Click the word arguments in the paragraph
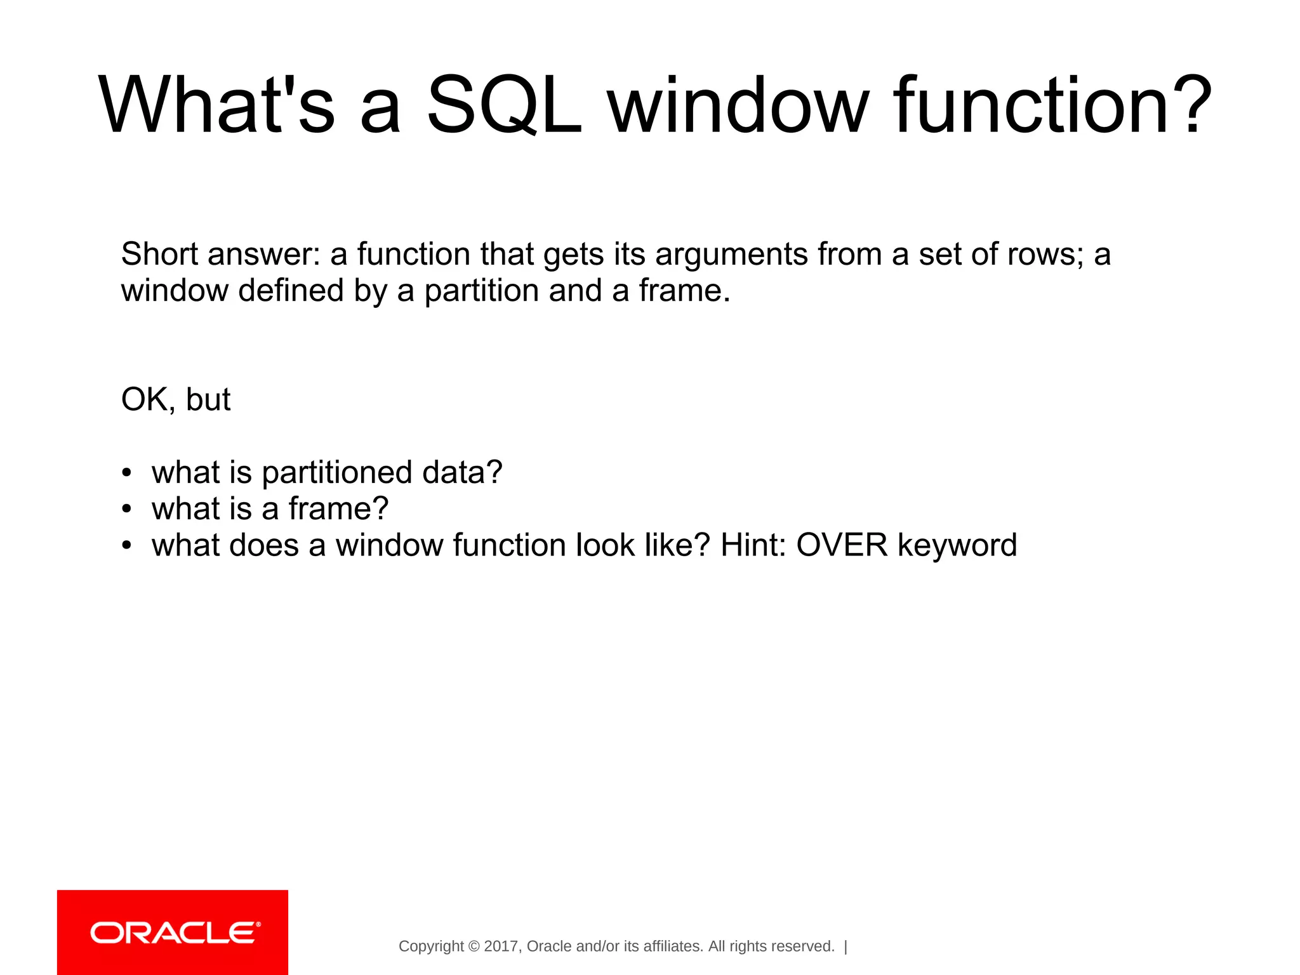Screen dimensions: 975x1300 click(x=731, y=255)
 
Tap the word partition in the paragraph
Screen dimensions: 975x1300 click(x=481, y=291)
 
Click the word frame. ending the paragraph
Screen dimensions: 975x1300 click(x=684, y=291)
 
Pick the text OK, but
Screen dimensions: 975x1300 click(x=176, y=400)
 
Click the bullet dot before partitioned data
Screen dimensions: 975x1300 click(x=127, y=473)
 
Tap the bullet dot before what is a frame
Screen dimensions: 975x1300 click(x=127, y=509)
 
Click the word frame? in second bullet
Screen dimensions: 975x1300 click(x=338, y=509)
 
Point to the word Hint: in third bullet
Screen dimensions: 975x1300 click(x=753, y=545)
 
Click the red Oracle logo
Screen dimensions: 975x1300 click(x=173, y=932)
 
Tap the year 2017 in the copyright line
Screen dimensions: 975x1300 click(x=501, y=946)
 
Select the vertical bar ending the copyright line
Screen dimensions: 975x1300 click(x=846, y=946)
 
